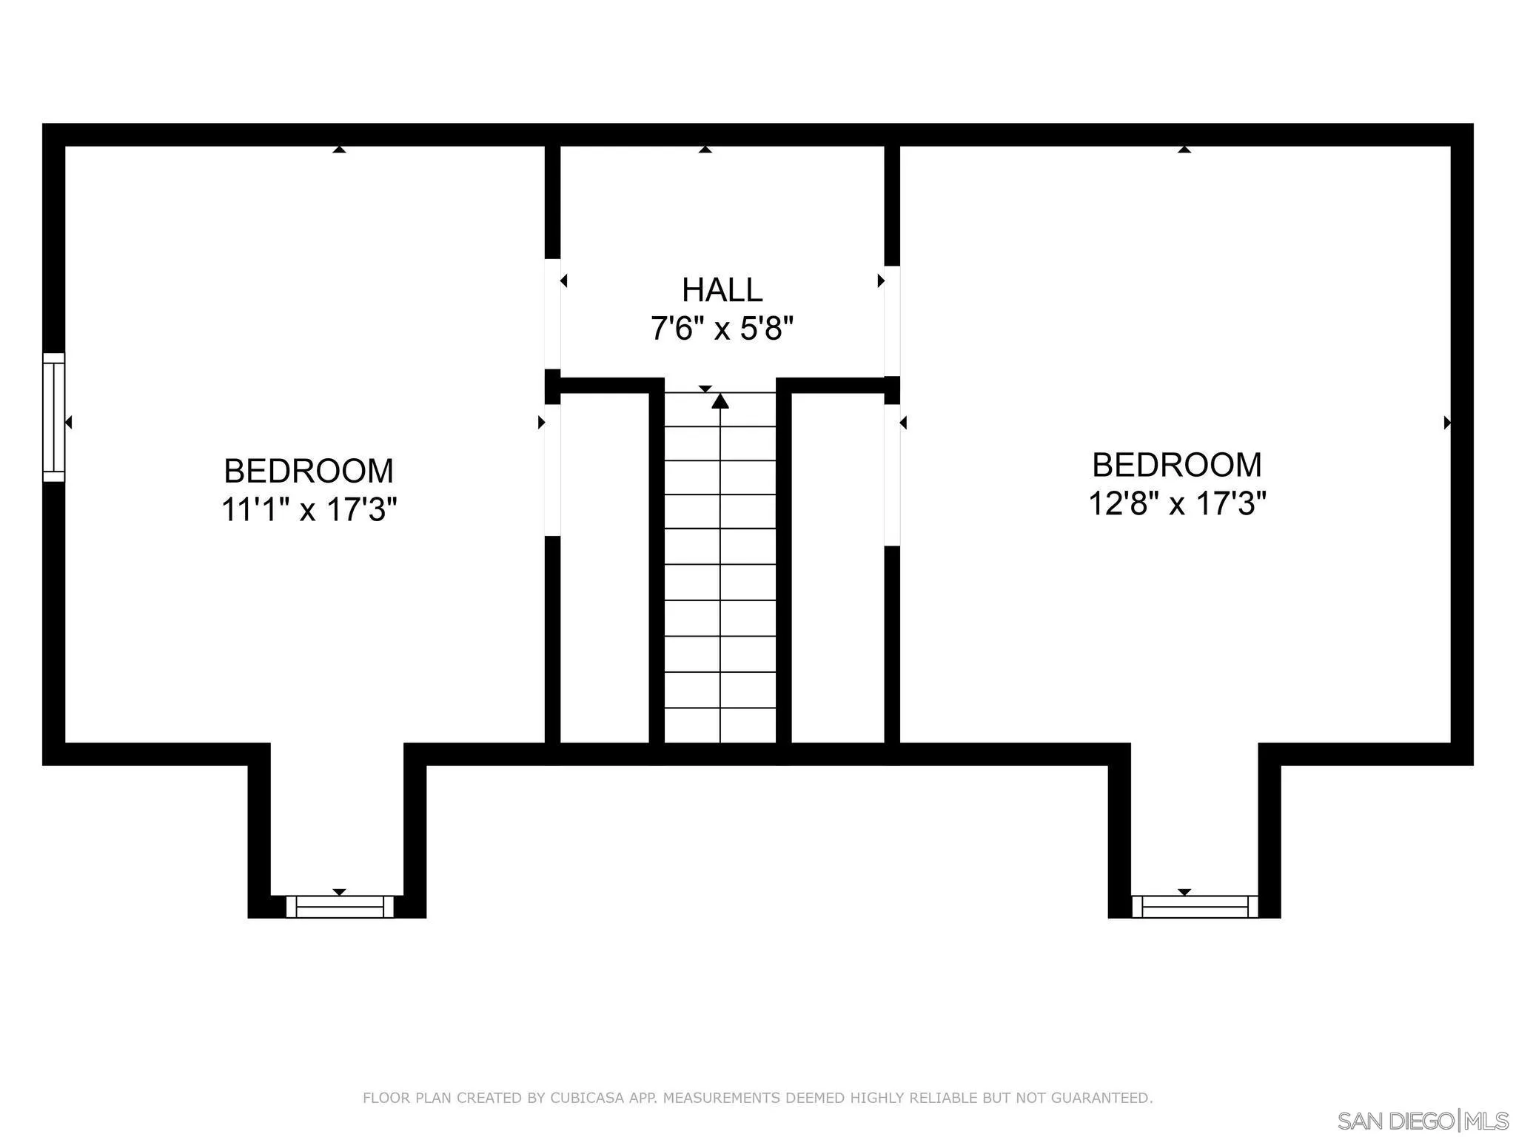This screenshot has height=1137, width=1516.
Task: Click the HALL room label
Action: [x=722, y=290]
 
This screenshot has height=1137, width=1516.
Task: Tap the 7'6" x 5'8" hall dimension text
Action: [x=722, y=328]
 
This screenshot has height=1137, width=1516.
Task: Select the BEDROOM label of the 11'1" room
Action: [x=309, y=471]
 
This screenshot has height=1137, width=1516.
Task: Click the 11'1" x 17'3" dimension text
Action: [x=309, y=509]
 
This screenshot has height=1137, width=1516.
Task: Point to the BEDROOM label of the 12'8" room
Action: [x=1176, y=465]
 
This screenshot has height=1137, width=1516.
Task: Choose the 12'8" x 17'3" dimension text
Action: [x=1177, y=504]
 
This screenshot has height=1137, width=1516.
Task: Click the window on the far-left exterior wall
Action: [x=53, y=417]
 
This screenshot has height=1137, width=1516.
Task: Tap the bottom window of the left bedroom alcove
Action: [x=340, y=907]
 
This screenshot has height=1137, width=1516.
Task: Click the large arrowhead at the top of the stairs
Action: [x=720, y=401]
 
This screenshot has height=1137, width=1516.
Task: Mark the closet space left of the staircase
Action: [x=604, y=566]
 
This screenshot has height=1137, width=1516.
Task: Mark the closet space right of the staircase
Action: [x=837, y=566]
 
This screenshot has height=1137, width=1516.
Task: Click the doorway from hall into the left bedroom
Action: [x=552, y=313]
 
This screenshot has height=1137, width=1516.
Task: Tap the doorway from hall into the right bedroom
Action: [x=892, y=321]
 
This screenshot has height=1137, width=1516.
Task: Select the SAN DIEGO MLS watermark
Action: [x=1422, y=1120]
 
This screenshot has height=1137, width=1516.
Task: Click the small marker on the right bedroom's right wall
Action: [x=1447, y=423]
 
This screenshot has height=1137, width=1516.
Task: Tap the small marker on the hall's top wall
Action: [x=705, y=150]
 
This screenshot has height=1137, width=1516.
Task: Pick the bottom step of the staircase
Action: [x=720, y=725]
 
